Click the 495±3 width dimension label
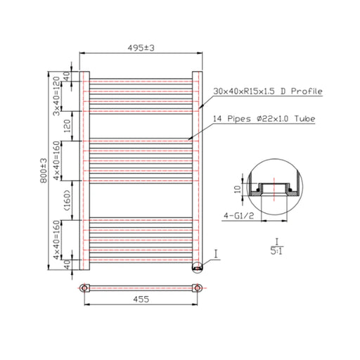point(141,48)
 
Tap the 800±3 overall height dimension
point(44,171)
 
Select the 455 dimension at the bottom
point(141,300)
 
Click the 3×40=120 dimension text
point(56,96)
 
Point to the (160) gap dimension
point(67,200)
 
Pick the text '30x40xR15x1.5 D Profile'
point(268,91)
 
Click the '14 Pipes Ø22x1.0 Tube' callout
point(264,119)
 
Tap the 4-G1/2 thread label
point(239,215)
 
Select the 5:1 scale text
point(276,251)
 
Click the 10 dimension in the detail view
point(238,189)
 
